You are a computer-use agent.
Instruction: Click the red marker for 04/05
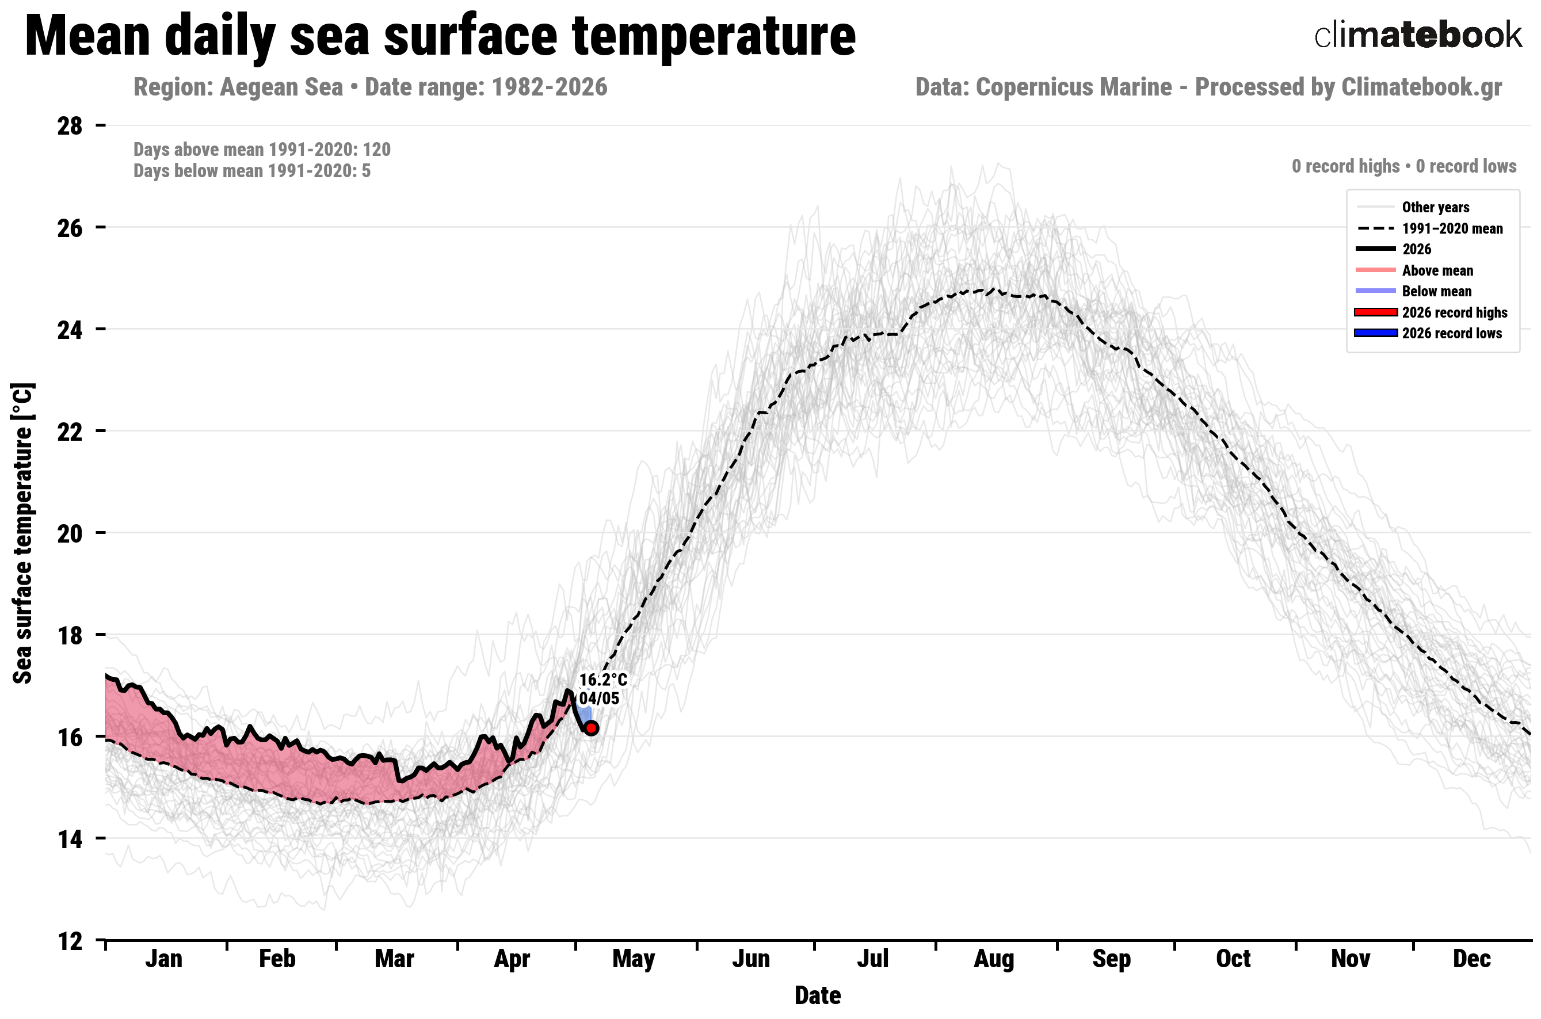click(x=591, y=728)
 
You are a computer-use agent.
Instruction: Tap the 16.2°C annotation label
click(x=603, y=680)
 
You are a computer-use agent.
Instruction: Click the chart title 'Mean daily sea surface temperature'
click(x=440, y=37)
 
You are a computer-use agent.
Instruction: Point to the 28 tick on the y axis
click(x=70, y=125)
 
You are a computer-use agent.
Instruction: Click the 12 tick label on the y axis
click(x=70, y=940)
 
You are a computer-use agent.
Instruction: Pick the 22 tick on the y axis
click(x=70, y=431)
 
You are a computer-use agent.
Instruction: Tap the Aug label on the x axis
click(x=994, y=959)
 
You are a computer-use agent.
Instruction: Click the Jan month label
click(x=164, y=959)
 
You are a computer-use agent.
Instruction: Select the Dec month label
click(x=1471, y=959)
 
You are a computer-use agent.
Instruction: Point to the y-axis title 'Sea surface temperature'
click(x=23, y=533)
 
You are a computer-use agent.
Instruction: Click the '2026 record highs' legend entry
click(x=1431, y=312)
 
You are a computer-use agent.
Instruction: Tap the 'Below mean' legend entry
click(x=1414, y=291)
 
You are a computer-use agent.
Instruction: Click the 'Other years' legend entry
click(x=1412, y=207)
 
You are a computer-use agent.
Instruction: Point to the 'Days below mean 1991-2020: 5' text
click(x=252, y=171)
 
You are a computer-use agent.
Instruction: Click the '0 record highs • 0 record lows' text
click(x=1404, y=166)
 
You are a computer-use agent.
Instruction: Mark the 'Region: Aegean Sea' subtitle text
click(x=238, y=87)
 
